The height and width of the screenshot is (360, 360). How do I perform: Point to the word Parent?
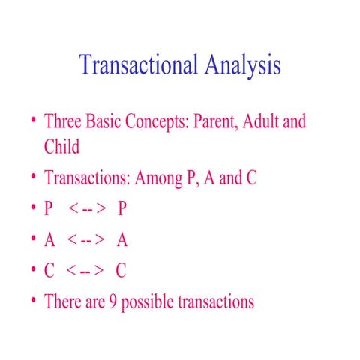point(220,121)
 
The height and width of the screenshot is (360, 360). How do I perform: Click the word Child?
point(61,147)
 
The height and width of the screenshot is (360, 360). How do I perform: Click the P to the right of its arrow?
point(121,210)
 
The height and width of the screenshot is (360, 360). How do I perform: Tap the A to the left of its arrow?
point(50,241)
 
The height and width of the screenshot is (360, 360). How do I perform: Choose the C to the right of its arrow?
point(121,271)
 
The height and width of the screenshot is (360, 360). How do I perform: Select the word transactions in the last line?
point(217,302)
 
